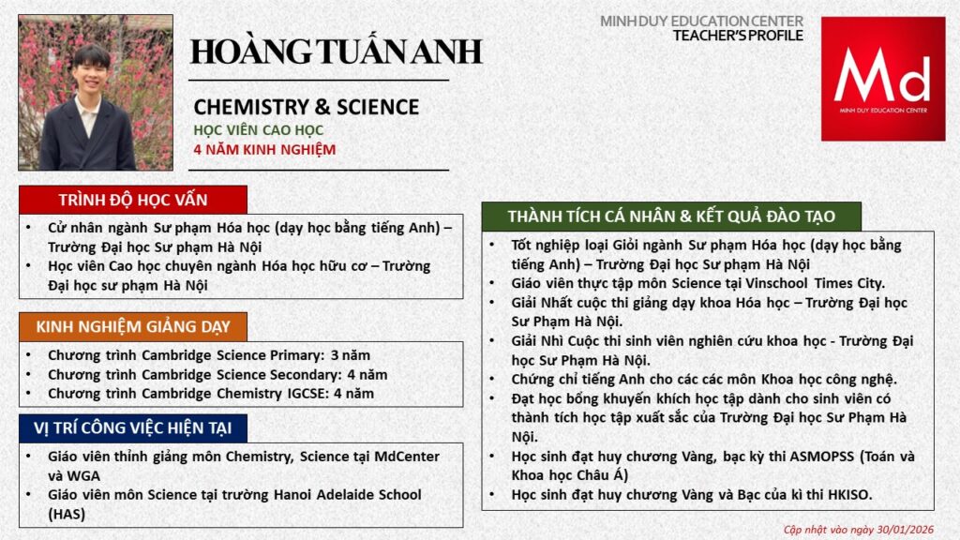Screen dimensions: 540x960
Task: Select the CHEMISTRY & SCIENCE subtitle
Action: [x=306, y=107]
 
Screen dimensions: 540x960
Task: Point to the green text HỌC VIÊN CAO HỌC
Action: [x=258, y=129]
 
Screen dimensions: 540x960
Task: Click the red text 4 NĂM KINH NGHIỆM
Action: [x=264, y=149]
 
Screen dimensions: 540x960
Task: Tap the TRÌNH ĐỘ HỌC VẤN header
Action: [x=132, y=200]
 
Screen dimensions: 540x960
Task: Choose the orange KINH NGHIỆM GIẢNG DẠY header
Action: [x=132, y=326]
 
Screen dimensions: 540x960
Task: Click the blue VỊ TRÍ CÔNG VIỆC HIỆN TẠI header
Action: [x=132, y=428]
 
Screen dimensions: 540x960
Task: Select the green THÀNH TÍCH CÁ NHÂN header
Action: [x=670, y=216]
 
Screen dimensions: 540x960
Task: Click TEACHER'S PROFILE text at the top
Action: [x=738, y=36]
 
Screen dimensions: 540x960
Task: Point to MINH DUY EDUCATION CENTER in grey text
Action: [x=701, y=21]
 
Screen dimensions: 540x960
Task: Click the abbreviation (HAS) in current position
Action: [x=67, y=514]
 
